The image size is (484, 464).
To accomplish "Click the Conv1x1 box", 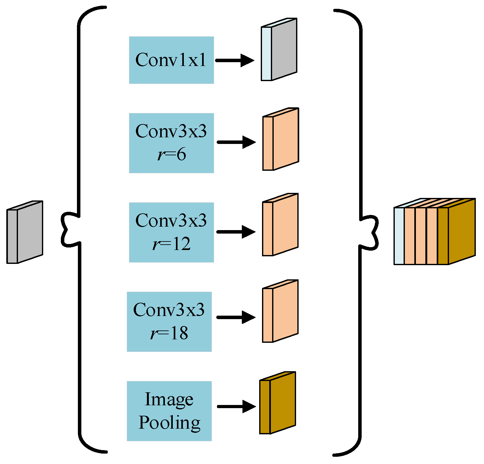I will point(171,60).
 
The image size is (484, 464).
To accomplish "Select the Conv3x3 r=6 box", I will point(171,143).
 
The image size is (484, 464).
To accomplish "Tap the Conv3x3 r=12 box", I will point(171,232).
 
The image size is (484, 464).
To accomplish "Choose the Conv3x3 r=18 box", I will point(169,322).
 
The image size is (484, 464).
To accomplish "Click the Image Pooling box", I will point(169,411).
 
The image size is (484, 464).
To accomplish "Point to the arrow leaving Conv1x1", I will point(235,60).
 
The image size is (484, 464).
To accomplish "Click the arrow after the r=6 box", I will point(236,142).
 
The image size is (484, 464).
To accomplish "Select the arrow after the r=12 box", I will point(236,232).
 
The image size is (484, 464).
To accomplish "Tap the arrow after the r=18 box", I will point(236,317).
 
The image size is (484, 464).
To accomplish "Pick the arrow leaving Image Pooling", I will point(236,407).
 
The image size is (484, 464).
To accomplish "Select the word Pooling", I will point(169,423).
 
